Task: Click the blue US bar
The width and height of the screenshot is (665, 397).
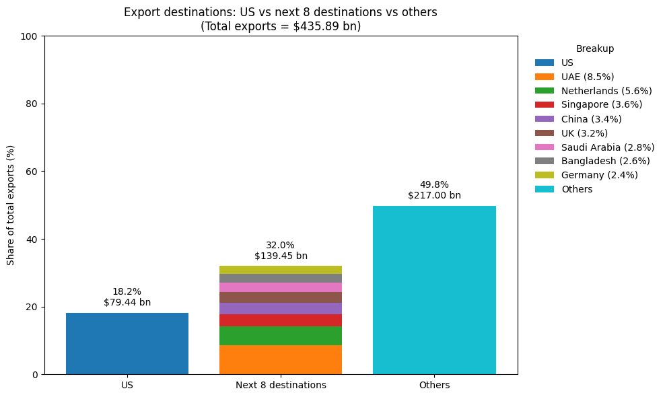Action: (x=127, y=343)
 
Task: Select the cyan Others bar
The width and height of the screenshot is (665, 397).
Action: (x=434, y=289)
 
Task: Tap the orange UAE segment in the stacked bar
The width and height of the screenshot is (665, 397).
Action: (x=281, y=360)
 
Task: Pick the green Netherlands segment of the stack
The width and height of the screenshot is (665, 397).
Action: (x=281, y=336)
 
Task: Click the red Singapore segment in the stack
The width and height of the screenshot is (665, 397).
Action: (x=281, y=320)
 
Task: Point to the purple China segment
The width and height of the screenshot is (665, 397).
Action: (x=281, y=308)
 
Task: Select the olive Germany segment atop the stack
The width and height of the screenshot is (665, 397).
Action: (x=281, y=270)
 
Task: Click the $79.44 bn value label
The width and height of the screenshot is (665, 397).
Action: (x=127, y=303)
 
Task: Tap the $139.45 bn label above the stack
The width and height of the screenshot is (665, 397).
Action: (x=281, y=256)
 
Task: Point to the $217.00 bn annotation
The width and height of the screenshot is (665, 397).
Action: (x=434, y=196)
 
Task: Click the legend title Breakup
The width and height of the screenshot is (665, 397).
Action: (x=594, y=48)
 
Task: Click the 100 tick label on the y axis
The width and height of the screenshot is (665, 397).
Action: (x=30, y=36)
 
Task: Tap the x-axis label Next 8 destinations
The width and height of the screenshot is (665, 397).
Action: (x=281, y=386)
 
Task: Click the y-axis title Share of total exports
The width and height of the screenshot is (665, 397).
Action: (x=11, y=205)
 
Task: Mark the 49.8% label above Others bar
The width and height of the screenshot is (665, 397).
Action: (x=434, y=184)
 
